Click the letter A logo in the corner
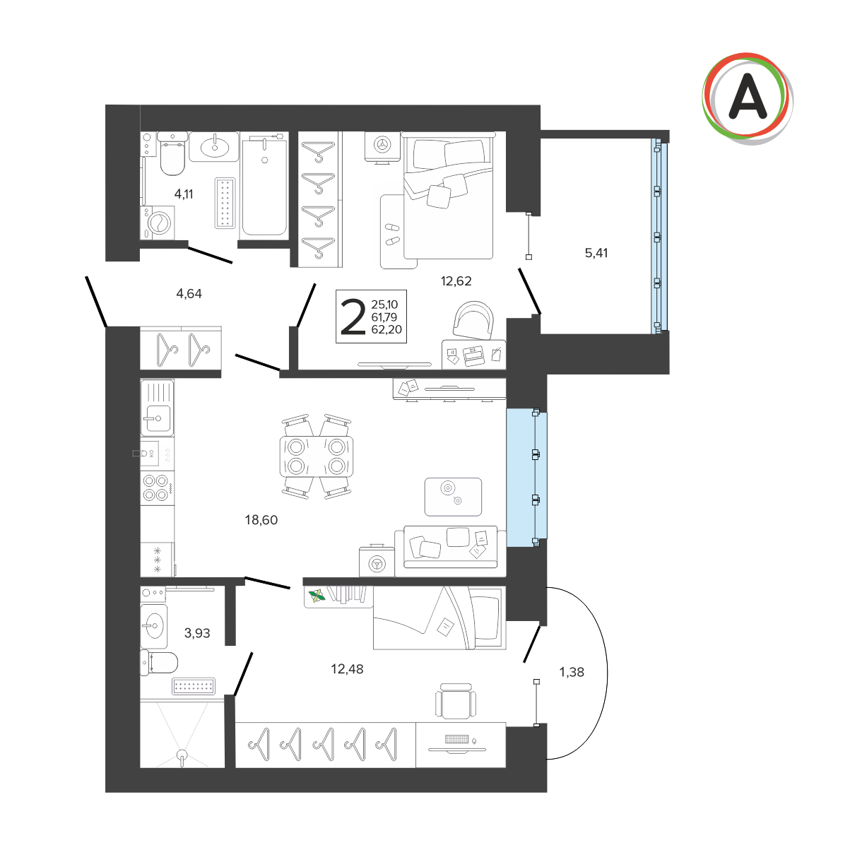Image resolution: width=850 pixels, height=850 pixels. coord(747,98)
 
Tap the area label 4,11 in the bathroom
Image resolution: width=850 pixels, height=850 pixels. coord(184,194)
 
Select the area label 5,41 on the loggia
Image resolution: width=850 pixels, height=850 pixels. coord(596,253)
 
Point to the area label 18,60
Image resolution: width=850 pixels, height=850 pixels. coord(261,519)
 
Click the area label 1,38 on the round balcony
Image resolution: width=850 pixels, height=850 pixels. coord(571,672)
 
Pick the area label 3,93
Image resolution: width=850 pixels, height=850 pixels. coord(196,633)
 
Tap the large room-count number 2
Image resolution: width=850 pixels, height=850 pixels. coord(353,317)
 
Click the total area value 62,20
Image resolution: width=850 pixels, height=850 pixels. coord(386,329)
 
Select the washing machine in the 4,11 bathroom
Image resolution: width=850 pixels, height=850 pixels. coord(158,223)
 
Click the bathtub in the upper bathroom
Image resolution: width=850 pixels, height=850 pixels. coord(264,186)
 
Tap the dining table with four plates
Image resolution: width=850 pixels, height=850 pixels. coord(317,456)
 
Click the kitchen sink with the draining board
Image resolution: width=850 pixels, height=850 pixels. coord(157,408)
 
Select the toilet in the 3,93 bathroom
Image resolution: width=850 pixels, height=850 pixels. coord(158,662)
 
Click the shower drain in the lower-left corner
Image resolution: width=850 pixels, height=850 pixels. coord(182,755)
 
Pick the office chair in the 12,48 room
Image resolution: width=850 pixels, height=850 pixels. coord(455,702)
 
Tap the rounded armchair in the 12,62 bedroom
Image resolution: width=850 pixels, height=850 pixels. coord(473,320)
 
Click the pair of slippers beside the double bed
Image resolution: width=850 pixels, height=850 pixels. coord(392,234)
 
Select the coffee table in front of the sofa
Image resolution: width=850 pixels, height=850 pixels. coord(453,497)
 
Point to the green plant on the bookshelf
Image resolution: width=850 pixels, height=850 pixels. coord(317,596)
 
